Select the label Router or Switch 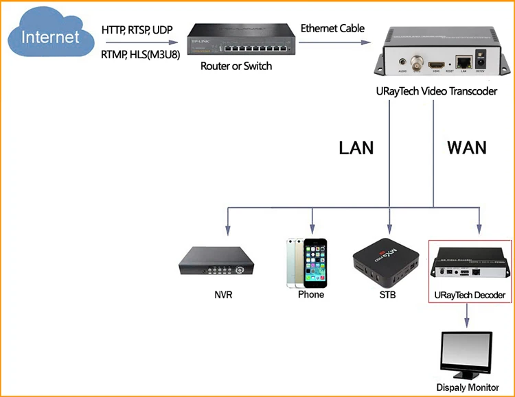coord(236,67)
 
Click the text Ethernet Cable coord(332,29)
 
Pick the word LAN coord(356,147)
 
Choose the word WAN coord(467,147)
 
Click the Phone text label coord(311,295)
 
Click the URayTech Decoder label coord(470,296)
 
